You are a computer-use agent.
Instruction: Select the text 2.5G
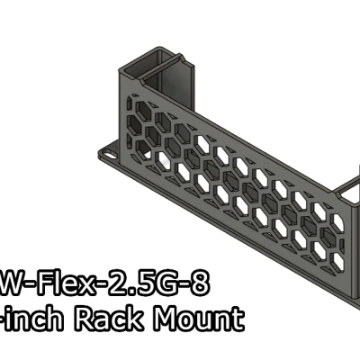click(x=143, y=286)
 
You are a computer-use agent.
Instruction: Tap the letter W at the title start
click(x=13, y=286)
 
